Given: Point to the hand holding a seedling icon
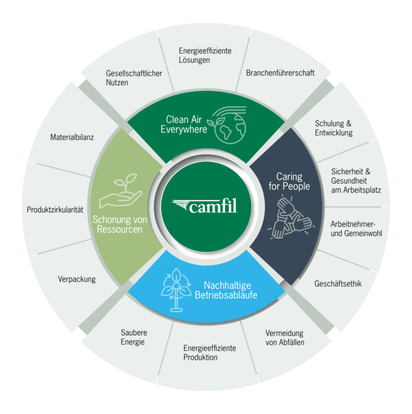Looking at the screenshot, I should tap(121, 193).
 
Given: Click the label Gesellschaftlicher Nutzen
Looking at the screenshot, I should tap(134, 78).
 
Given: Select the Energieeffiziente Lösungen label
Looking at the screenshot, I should tap(205, 55).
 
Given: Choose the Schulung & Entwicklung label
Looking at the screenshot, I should tap(334, 128).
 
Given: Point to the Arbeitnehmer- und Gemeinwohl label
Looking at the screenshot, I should tap(356, 228).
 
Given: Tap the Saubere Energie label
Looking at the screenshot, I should tap(134, 338).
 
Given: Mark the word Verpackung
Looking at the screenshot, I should tap(76, 279).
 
